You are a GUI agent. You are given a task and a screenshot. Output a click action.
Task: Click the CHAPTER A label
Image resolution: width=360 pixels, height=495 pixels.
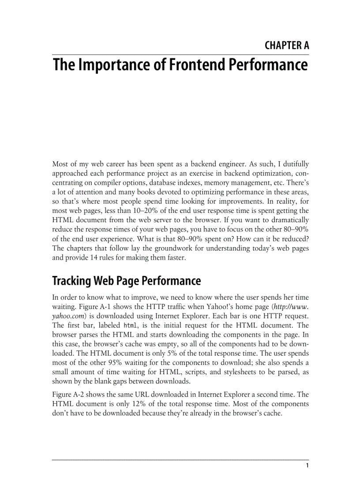click(287, 45)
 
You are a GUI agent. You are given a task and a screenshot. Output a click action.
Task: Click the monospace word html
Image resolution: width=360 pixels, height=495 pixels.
click(131, 325)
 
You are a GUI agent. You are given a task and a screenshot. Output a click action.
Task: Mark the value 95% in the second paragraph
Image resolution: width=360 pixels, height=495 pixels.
click(108, 363)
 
